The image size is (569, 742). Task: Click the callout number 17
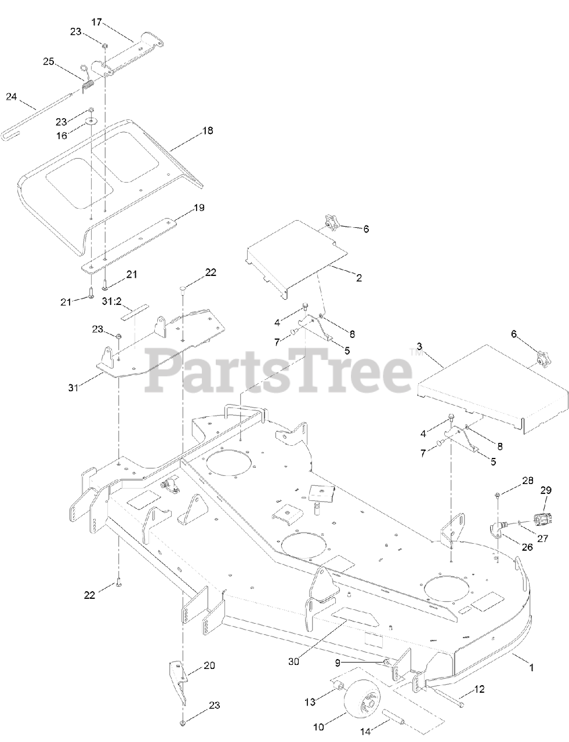96,22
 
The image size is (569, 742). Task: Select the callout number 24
12,97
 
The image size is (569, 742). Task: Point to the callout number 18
207,131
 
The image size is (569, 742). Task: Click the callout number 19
198,207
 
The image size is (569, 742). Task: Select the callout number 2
359,278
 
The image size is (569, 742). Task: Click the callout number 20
209,665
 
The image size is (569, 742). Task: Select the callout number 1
531,667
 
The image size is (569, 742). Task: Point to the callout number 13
310,701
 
